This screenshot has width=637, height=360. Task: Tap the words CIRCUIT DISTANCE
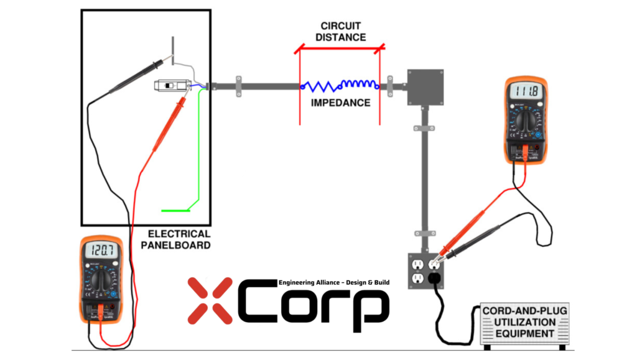point(340,32)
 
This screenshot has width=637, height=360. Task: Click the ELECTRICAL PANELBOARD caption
point(179,239)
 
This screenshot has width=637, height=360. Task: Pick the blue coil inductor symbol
point(359,85)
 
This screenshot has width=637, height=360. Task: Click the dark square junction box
point(425,88)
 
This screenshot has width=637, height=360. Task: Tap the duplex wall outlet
point(425,270)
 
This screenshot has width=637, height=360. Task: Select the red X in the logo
point(209,301)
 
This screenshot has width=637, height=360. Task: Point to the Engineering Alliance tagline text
point(334,282)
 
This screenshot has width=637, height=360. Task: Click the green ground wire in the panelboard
point(198,155)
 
